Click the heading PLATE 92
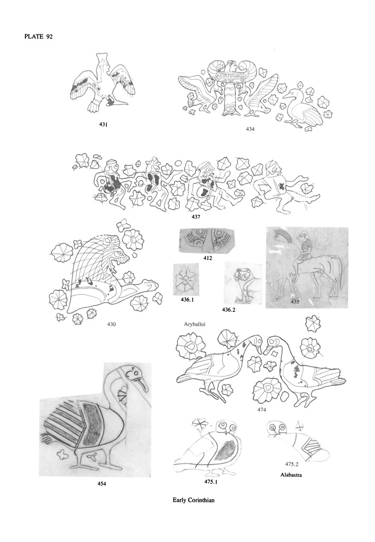pyautogui.click(x=38, y=37)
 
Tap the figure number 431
pyautogui.click(x=103, y=125)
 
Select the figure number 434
pyautogui.click(x=250, y=129)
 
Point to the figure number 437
pyautogui.click(x=196, y=217)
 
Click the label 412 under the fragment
pyautogui.click(x=207, y=258)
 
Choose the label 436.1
pyautogui.click(x=187, y=300)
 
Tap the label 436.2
pyautogui.click(x=228, y=310)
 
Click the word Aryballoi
pyautogui.click(x=195, y=324)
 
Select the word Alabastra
pyautogui.click(x=291, y=475)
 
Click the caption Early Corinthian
pyautogui.click(x=194, y=500)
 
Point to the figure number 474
pyautogui.click(x=261, y=410)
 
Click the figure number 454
pyautogui.click(x=102, y=484)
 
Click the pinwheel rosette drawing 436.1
pyautogui.click(x=186, y=279)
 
